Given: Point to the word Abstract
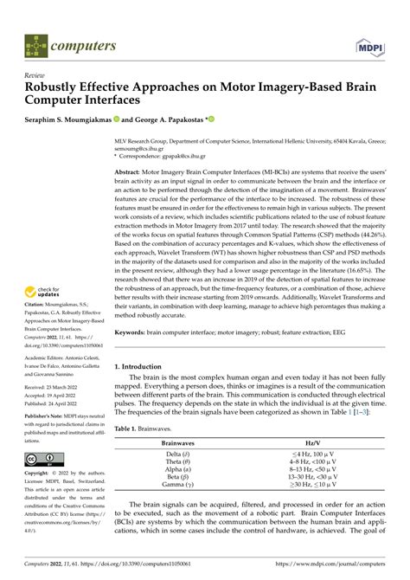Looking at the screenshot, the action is pos(131,148).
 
